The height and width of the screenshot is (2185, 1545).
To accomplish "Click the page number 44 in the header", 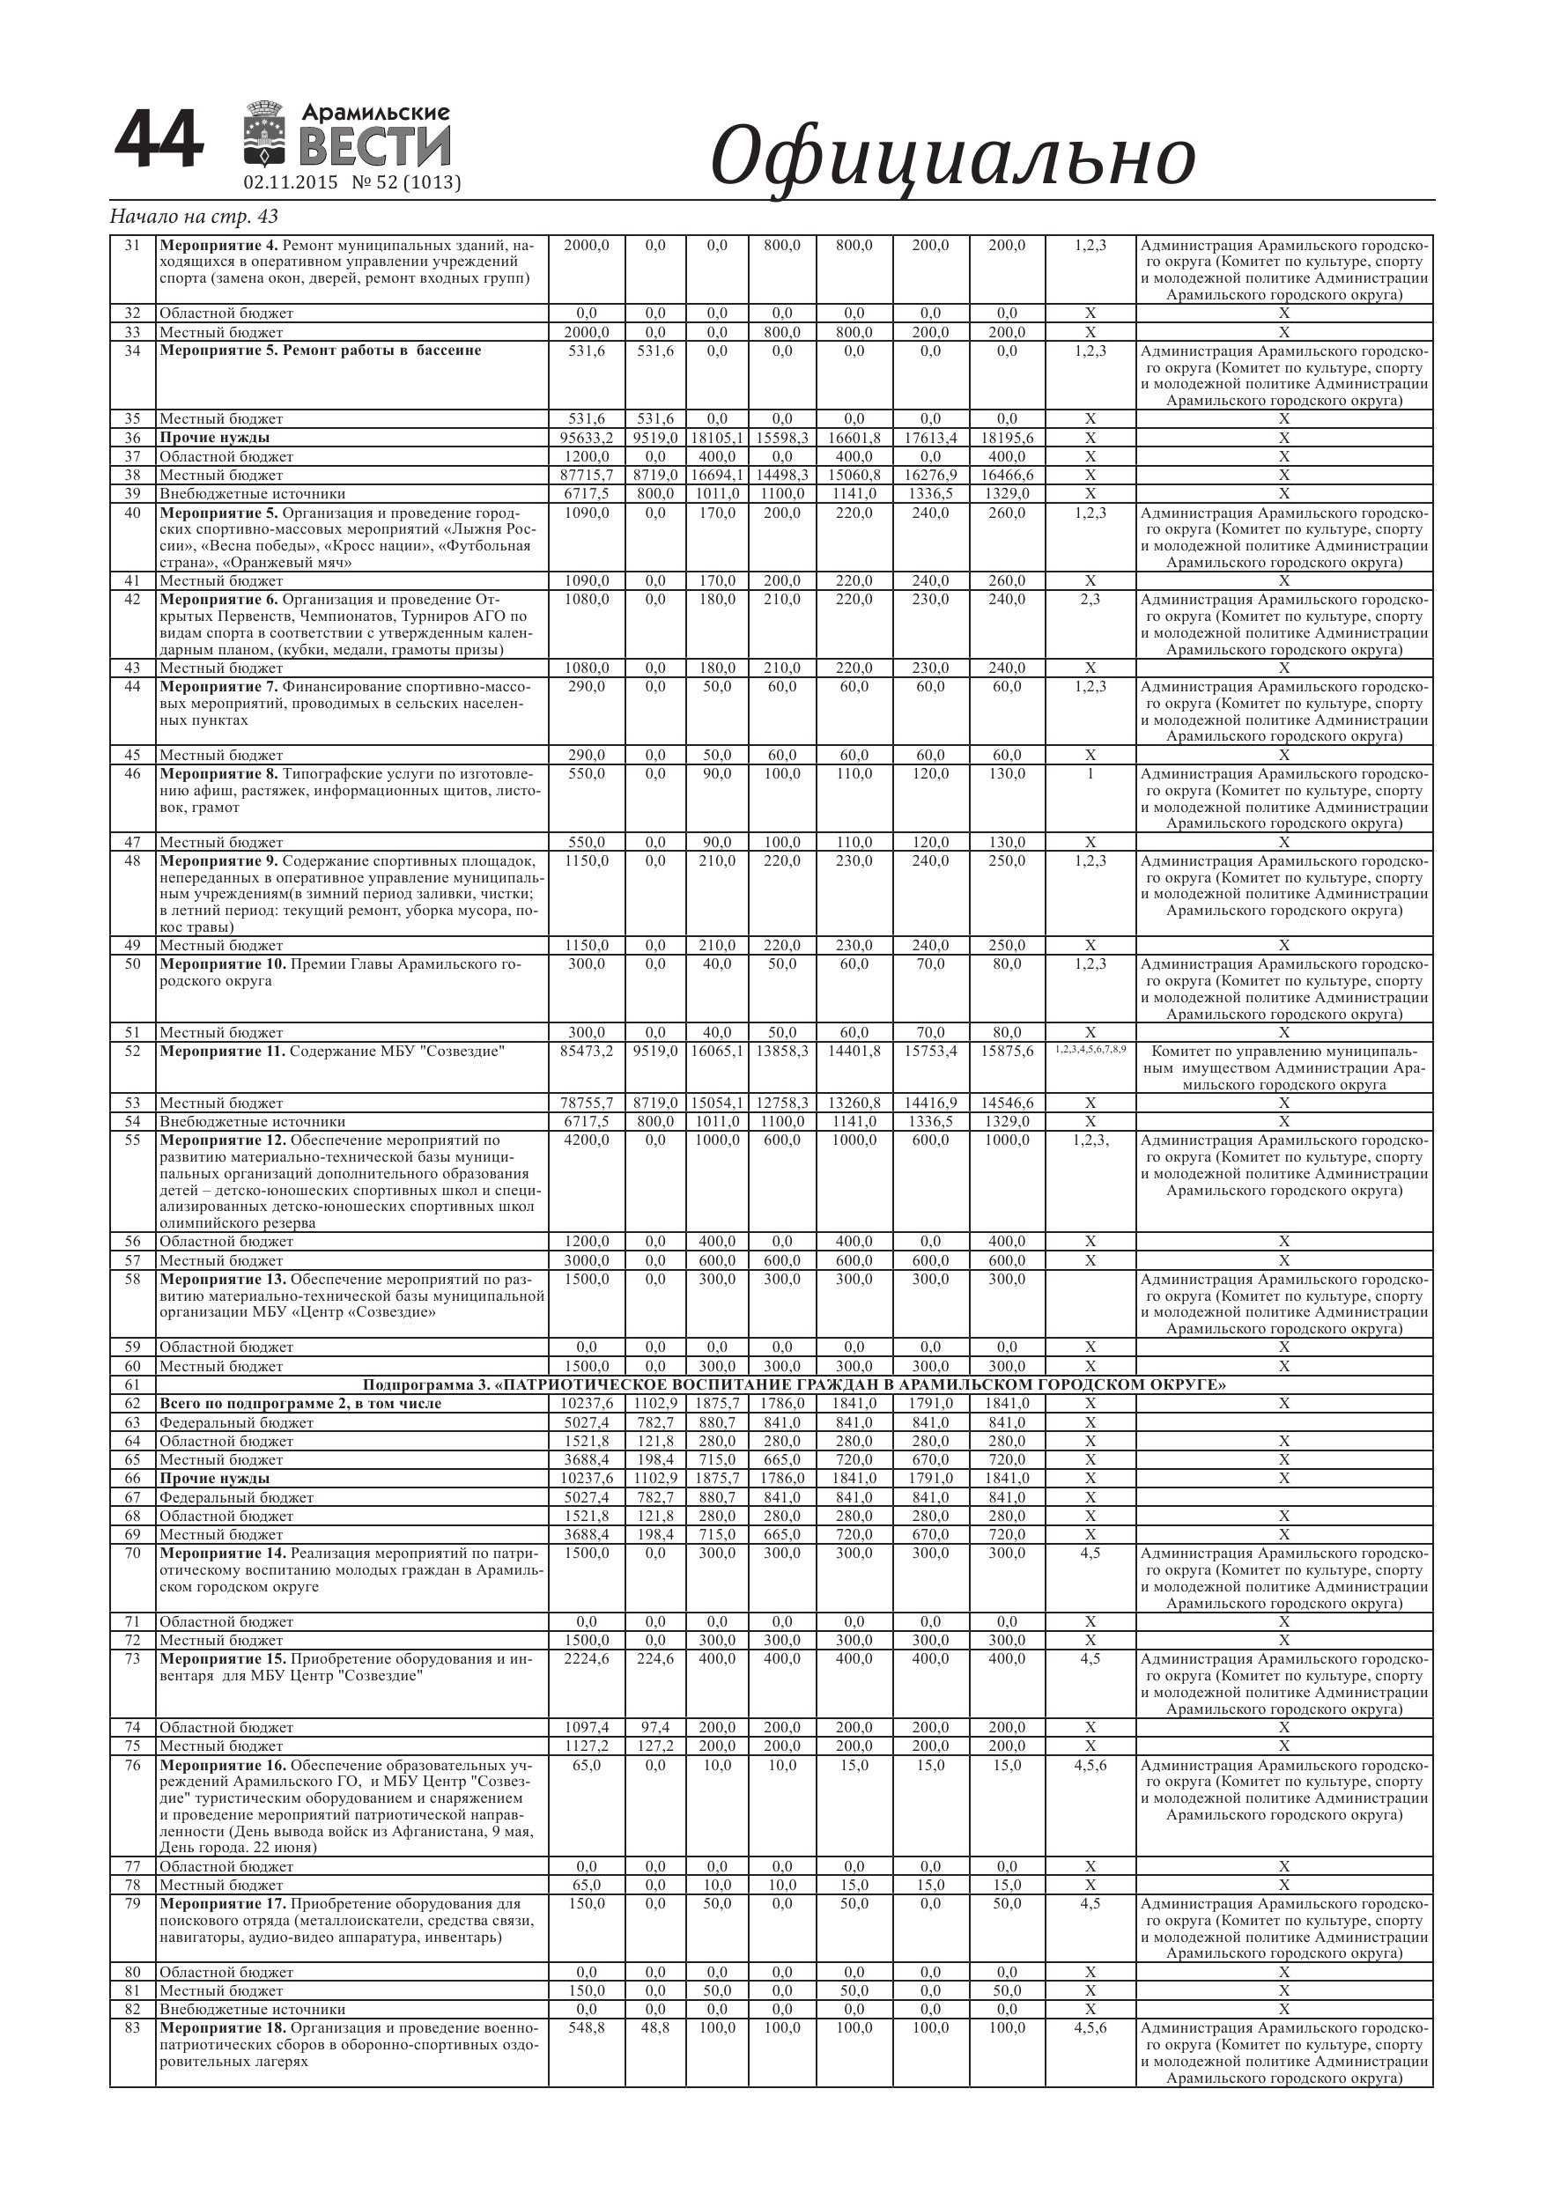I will click(x=159, y=140).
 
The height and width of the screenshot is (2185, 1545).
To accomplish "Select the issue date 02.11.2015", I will click(x=291, y=182).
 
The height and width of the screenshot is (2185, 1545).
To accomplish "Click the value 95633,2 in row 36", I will click(x=587, y=438).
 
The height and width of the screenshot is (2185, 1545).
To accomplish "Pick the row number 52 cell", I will click(x=132, y=1051).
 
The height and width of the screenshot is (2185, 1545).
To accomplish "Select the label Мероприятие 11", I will click(x=223, y=1051).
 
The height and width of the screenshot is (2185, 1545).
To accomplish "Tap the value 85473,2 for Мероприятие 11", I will click(x=587, y=1051).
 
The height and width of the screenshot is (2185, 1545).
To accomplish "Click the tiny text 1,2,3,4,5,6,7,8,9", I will click(x=1090, y=1049).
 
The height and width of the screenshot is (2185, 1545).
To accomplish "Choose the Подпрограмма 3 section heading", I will click(x=794, y=1384).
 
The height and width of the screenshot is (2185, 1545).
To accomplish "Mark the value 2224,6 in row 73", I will click(x=587, y=1658).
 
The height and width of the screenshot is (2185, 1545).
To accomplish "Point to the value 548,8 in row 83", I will click(x=587, y=2028).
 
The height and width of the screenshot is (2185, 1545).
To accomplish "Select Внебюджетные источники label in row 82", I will click(x=252, y=2009).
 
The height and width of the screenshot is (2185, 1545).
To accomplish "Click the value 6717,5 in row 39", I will click(x=587, y=494).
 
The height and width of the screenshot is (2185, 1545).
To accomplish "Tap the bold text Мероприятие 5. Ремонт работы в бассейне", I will click(x=320, y=351).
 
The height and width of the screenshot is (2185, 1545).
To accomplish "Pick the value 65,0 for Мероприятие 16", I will click(x=587, y=1764).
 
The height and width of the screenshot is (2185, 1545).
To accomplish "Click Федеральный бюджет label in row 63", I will click(x=236, y=1421).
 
